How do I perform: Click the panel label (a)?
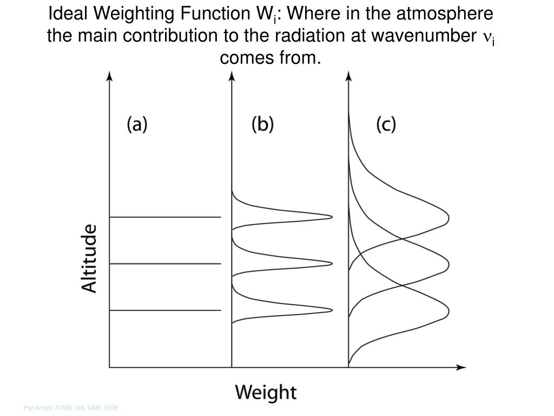point(137,125)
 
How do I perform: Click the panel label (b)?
point(263,125)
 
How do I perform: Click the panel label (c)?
point(386,125)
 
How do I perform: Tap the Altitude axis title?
point(90,258)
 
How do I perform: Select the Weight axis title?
point(266,392)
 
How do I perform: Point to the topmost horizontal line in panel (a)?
point(166,217)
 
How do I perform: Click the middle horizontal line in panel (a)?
point(166,264)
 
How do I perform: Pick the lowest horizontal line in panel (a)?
point(166,310)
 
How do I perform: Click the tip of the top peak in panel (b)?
point(331,217)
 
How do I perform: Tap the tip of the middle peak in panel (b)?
point(331,264)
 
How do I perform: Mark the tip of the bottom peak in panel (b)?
point(331,310)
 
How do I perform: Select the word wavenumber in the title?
point(420,36)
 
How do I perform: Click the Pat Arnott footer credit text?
point(71,407)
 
